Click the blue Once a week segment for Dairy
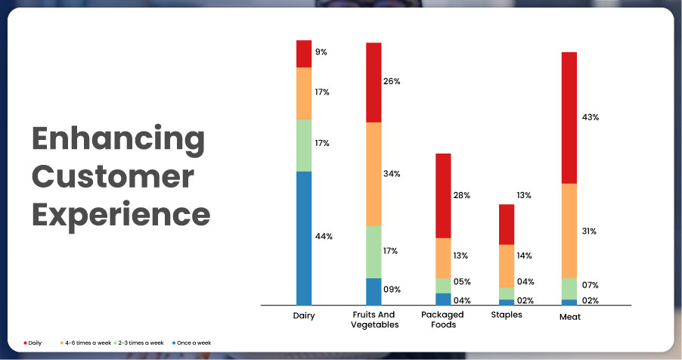click(304, 237)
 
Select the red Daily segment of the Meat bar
click(569, 117)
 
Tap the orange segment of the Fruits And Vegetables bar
click(374, 174)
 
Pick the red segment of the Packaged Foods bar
click(443, 195)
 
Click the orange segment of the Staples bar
click(507, 265)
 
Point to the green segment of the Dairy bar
click(304, 145)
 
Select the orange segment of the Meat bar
click(569, 231)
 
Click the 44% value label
click(324, 237)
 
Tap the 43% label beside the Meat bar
click(590, 117)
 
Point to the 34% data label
click(392, 174)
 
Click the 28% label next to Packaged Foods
click(461, 195)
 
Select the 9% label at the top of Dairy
click(321, 52)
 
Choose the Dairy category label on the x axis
click(304, 315)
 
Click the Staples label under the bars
click(507, 315)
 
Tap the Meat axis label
click(569, 317)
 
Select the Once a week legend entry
click(193, 343)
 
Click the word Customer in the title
click(113, 177)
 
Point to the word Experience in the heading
click(120, 214)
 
